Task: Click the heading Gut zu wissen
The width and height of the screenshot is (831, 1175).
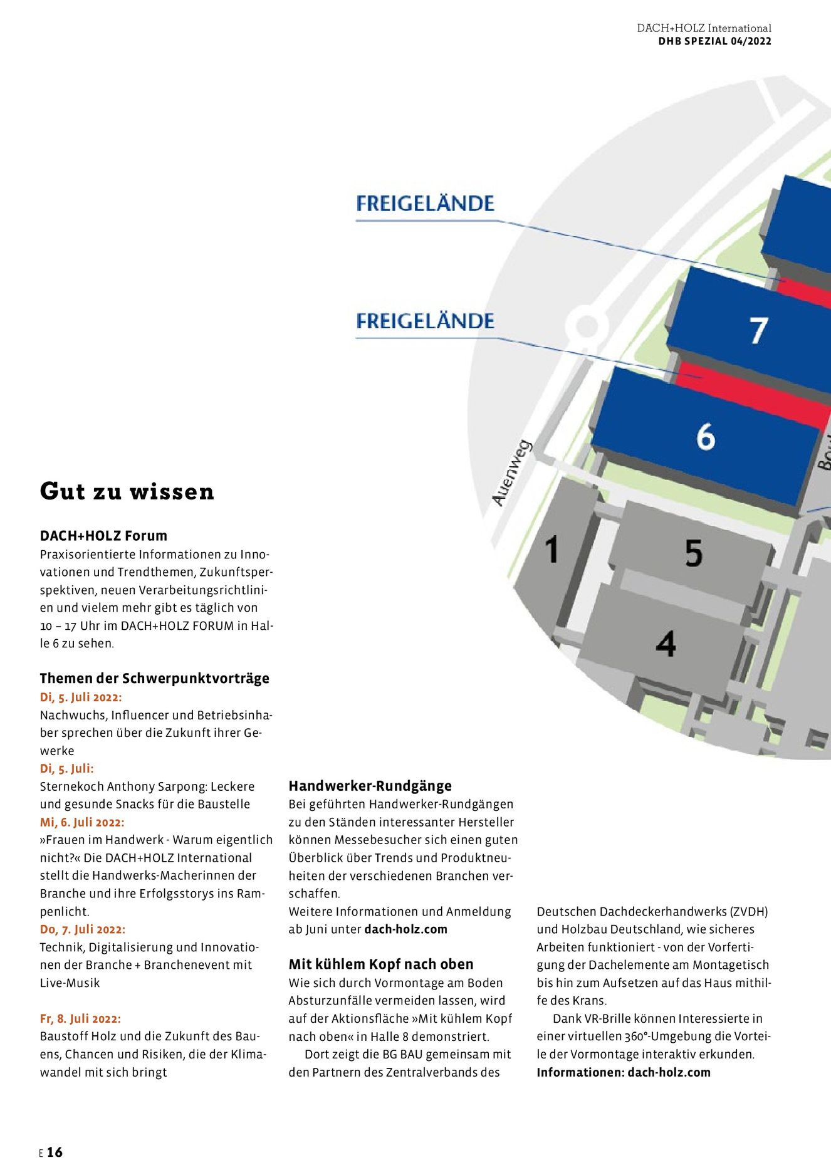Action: pyautogui.click(x=127, y=491)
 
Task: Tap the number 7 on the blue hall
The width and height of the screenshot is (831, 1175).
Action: pyautogui.click(x=758, y=330)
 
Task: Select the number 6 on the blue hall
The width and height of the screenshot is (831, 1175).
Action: pyautogui.click(x=706, y=436)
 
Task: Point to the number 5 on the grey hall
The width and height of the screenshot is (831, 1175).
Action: pyautogui.click(x=693, y=553)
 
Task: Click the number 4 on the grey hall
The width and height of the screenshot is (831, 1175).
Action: pyautogui.click(x=666, y=644)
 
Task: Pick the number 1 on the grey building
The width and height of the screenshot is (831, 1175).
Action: pyautogui.click(x=551, y=550)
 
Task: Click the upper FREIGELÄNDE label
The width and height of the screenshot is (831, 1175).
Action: pyautogui.click(x=425, y=204)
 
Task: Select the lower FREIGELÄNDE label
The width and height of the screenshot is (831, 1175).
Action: pyautogui.click(x=425, y=321)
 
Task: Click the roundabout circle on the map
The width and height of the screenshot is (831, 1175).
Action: pyautogui.click(x=587, y=325)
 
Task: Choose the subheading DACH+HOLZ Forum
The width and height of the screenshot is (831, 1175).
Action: pyautogui.click(x=103, y=536)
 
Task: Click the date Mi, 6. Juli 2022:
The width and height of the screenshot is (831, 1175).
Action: pyautogui.click(x=82, y=822)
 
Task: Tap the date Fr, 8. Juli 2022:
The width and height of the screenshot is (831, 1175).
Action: pyautogui.click(x=80, y=1019)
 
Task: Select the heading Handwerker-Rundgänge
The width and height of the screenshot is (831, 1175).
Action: pyautogui.click(x=370, y=786)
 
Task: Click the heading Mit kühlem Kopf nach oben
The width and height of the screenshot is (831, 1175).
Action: pyautogui.click(x=381, y=964)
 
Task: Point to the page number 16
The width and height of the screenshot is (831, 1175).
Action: pyautogui.click(x=55, y=1152)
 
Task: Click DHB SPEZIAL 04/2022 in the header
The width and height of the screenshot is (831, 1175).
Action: pyautogui.click(x=714, y=41)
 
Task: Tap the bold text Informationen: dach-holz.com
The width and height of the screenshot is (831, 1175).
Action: pyautogui.click(x=623, y=1072)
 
